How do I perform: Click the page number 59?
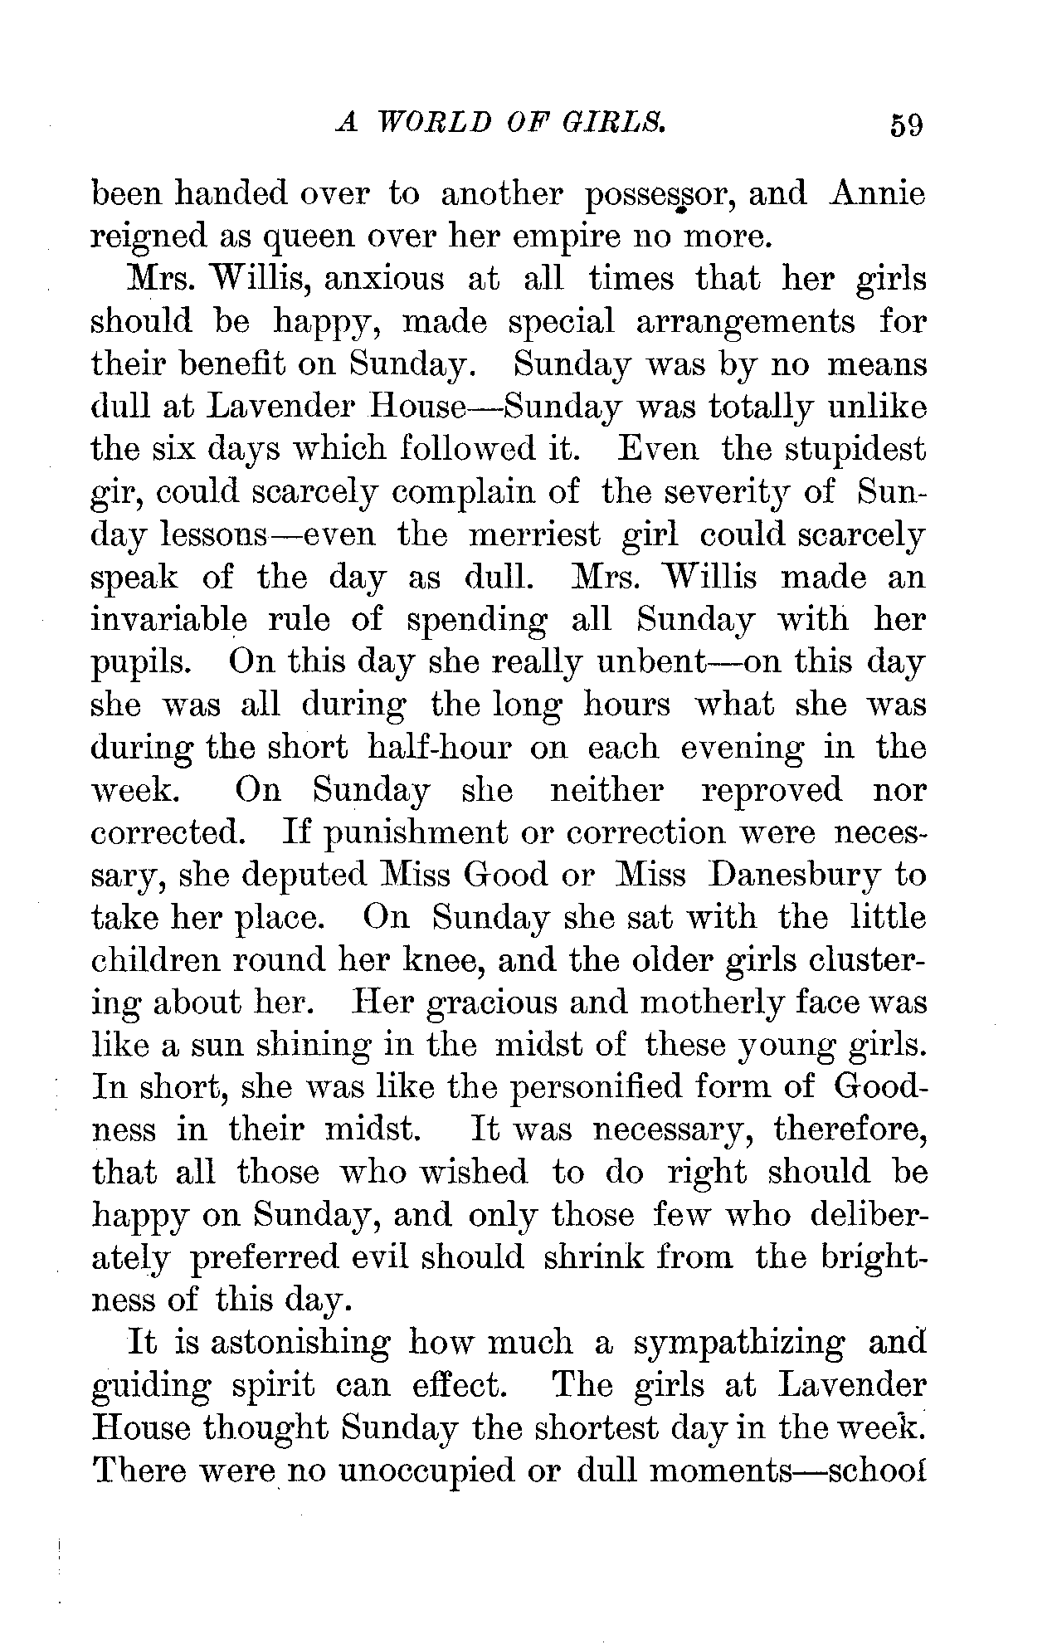[905, 126]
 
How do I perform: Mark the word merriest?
[533, 535]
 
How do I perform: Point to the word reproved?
[772, 790]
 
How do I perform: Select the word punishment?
[413, 833]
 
